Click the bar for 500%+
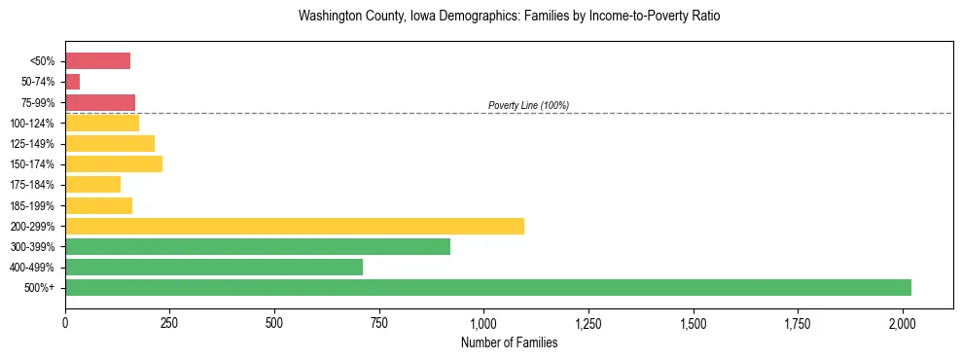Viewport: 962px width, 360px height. click(488, 287)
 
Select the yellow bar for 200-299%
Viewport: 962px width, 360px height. click(295, 226)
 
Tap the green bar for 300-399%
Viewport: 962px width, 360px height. click(258, 246)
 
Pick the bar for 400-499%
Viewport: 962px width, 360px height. click(214, 267)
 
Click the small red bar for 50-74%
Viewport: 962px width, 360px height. click(73, 82)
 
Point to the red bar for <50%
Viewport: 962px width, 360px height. click(97, 61)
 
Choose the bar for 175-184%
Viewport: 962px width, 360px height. click(92, 184)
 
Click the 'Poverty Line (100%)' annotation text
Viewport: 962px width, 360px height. click(528, 105)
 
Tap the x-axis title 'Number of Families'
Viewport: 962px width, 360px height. click(509, 342)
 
